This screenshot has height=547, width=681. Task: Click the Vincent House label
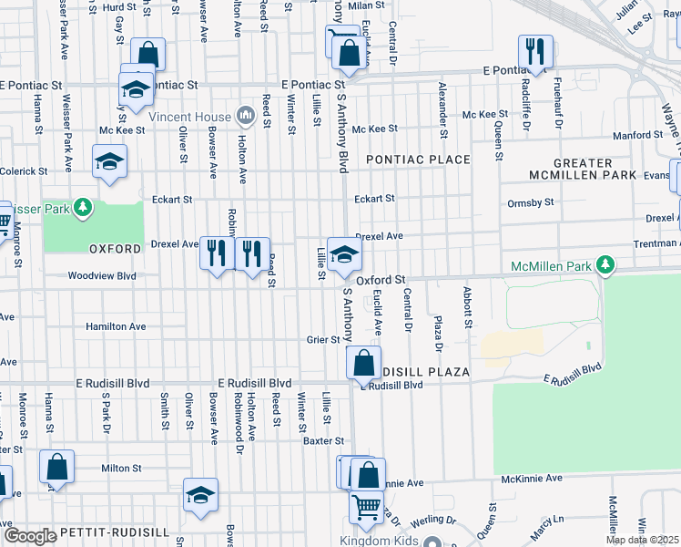(189, 117)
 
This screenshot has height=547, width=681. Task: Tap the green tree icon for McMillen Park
(603, 265)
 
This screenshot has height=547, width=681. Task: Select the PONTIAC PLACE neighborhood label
(418, 160)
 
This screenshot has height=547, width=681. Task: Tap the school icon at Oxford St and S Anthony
(344, 255)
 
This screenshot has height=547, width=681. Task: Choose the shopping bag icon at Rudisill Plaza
(363, 363)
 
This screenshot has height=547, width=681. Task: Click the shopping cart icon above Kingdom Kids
(366, 507)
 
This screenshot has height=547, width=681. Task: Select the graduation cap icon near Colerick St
(109, 161)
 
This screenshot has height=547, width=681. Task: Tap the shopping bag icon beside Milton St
(56, 467)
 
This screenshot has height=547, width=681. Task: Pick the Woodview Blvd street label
(102, 275)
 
